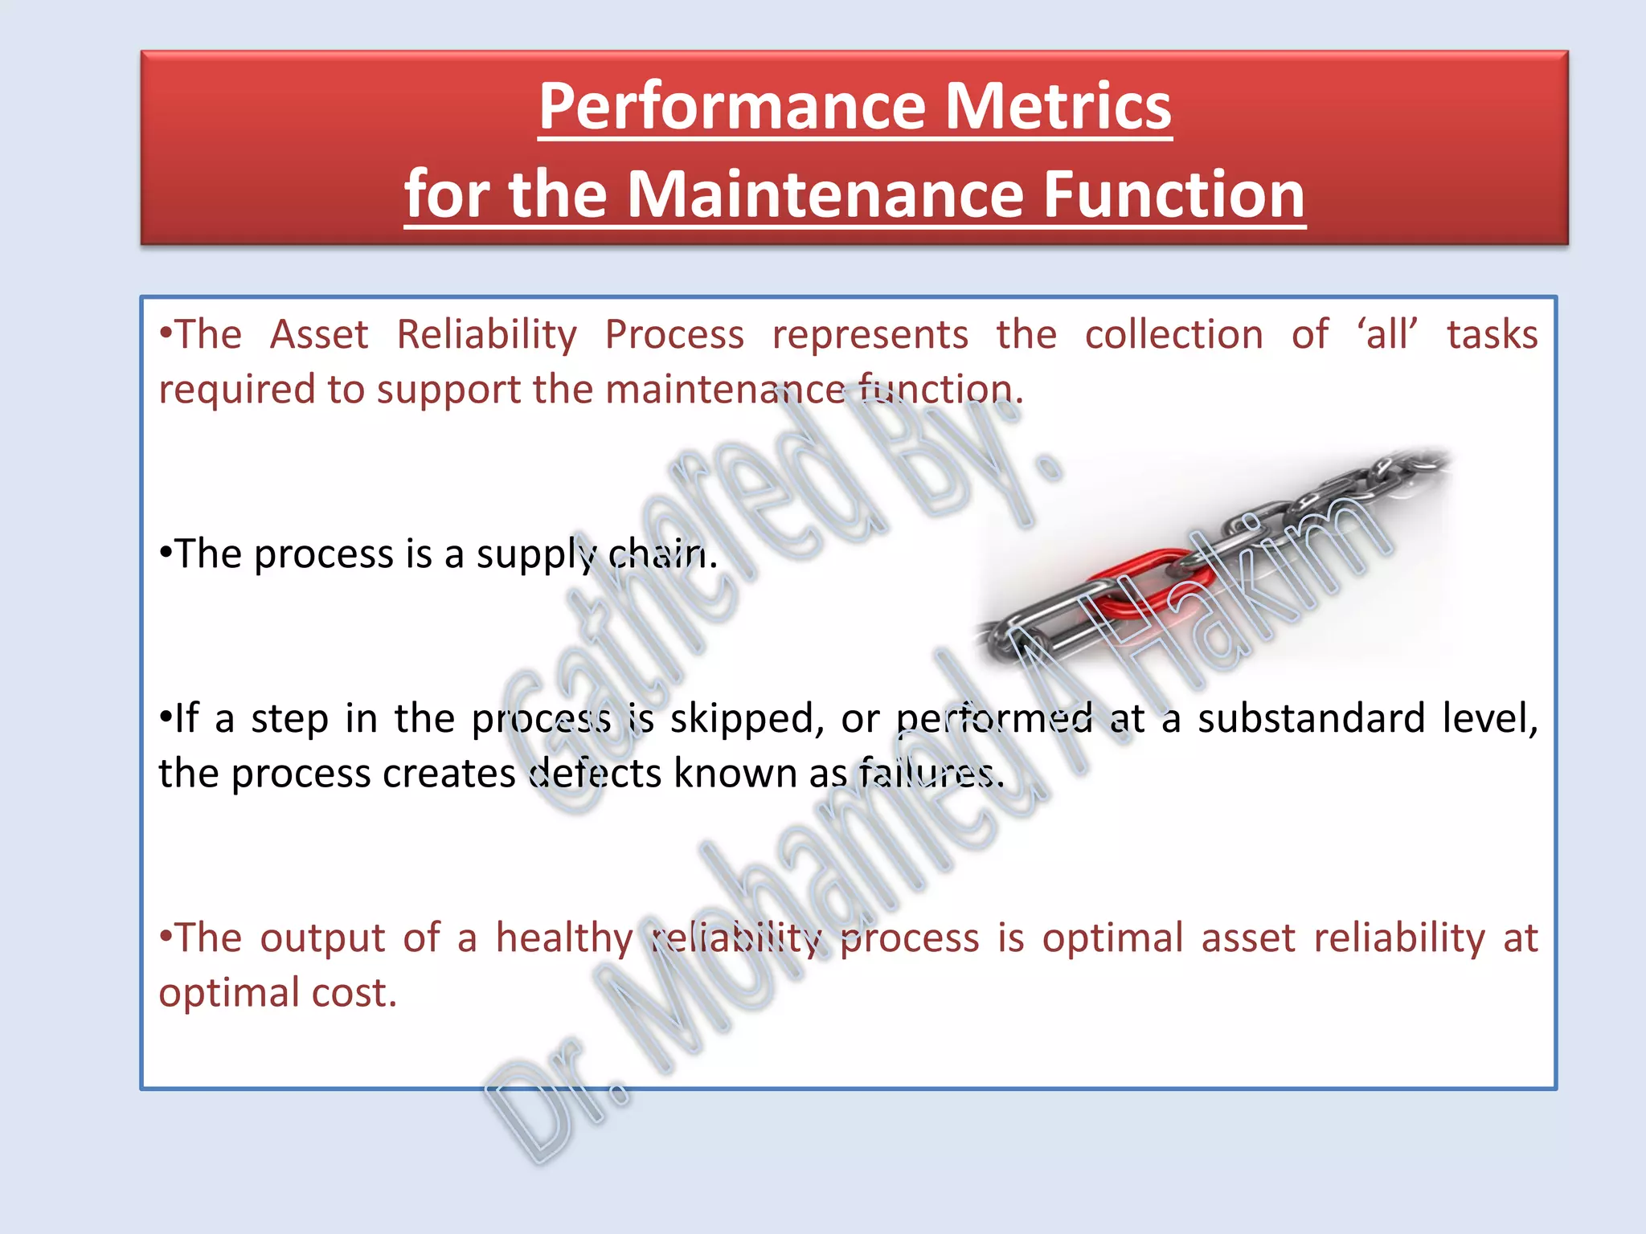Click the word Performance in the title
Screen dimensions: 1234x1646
[x=731, y=107]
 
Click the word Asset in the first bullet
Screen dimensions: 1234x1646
[x=319, y=335]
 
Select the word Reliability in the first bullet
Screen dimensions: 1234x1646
[x=486, y=335]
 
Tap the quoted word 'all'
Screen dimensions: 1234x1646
[x=1387, y=335]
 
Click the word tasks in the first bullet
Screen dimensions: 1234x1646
[x=1492, y=335]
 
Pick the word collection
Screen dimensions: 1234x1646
[x=1173, y=335]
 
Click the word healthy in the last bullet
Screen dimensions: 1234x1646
[x=564, y=938]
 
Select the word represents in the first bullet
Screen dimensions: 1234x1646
[x=870, y=335]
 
